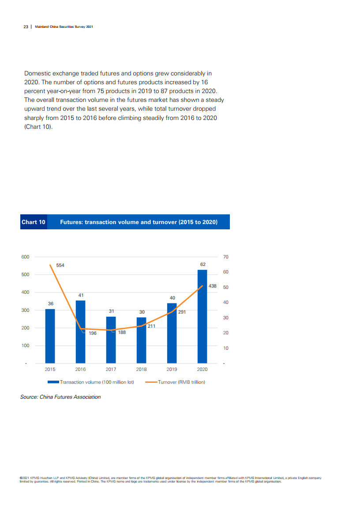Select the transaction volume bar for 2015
point(50,336)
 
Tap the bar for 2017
point(111,340)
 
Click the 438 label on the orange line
point(212,286)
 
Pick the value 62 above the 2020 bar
point(202,264)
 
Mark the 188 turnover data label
point(122,333)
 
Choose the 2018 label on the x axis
point(141,369)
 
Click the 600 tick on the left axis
point(25,257)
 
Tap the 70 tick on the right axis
point(226,257)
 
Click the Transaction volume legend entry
point(97,382)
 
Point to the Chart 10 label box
point(34,222)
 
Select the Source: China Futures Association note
point(60,397)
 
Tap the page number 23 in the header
point(26,27)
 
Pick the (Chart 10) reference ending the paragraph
point(38,127)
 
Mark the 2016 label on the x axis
point(80,369)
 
